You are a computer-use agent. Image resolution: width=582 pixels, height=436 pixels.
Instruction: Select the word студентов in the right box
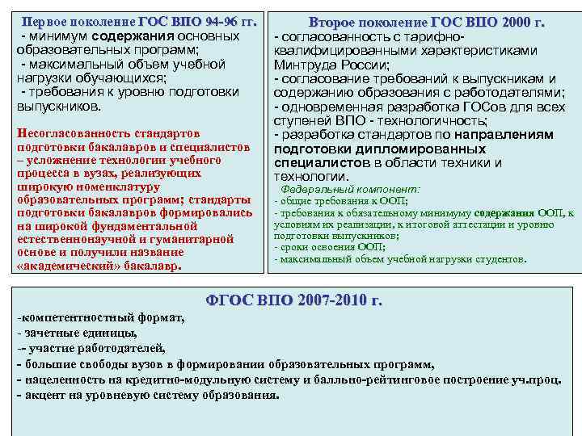coord(500,259)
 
